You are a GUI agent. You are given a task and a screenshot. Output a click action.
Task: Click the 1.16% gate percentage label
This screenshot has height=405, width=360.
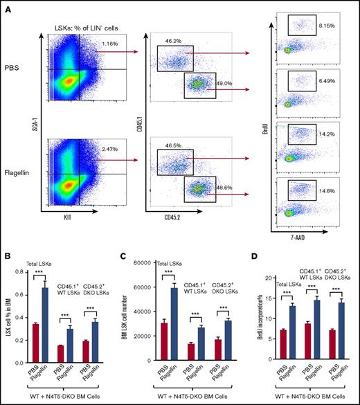pyautogui.click(x=108, y=44)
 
